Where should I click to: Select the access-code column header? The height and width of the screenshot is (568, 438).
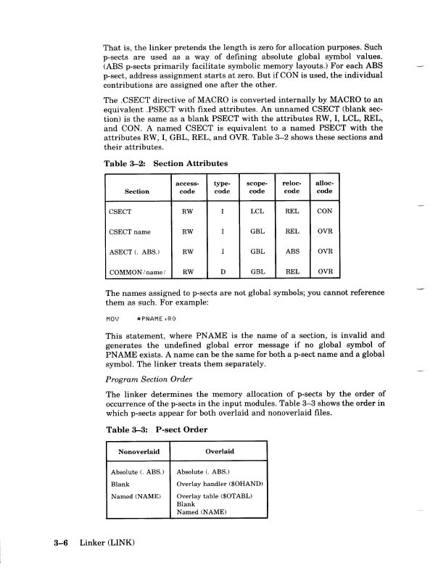tap(188, 187)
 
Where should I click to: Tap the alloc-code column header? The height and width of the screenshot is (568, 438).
tap(325, 187)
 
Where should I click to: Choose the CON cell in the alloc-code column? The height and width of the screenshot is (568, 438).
tap(325, 213)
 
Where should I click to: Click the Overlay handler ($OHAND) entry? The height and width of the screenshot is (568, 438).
tap(219, 483)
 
